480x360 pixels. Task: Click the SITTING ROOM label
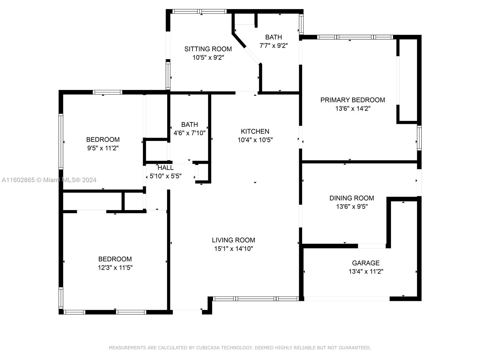click(208, 49)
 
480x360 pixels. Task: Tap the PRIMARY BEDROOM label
click(352, 100)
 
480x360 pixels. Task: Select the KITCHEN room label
click(255, 131)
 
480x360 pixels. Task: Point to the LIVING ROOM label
click(233, 240)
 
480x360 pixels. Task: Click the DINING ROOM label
click(352, 198)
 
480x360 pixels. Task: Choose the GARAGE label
click(366, 263)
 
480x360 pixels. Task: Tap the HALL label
click(166, 168)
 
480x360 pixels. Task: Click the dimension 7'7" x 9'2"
click(274, 46)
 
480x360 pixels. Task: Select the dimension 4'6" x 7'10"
click(189, 133)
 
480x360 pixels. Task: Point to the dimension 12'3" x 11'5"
click(115, 268)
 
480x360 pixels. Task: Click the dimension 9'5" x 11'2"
click(103, 148)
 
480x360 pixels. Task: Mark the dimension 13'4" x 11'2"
click(366, 271)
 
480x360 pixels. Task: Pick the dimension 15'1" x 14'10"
click(233, 248)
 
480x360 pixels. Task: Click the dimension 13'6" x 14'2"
click(353, 108)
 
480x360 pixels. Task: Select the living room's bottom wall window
click(256, 298)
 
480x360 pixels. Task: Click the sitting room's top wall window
click(199, 11)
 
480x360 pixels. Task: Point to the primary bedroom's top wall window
click(355, 37)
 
